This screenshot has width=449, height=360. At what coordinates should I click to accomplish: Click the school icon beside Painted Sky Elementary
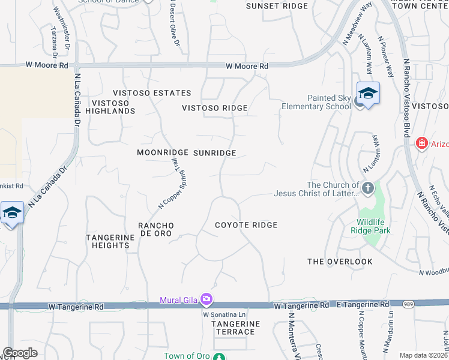coord(368,94)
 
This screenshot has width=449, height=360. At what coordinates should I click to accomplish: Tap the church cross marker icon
coord(367,188)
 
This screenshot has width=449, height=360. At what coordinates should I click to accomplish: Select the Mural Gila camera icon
coord(206,299)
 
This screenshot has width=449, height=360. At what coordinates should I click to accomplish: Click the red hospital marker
coord(422,143)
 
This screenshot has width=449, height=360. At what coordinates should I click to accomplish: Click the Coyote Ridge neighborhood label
coord(246,225)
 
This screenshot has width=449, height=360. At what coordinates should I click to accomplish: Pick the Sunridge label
coord(215,153)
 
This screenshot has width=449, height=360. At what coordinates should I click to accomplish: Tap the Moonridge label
coord(158,153)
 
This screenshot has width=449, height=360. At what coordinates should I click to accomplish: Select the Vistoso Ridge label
coord(215,108)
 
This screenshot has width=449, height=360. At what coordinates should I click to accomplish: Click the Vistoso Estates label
coord(152,93)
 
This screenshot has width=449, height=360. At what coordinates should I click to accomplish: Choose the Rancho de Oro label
coord(155,229)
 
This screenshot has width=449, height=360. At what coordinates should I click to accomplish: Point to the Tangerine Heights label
coord(110,241)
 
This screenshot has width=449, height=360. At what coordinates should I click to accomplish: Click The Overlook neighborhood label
coord(340,262)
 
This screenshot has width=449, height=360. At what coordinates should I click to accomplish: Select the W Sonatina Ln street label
coord(224,314)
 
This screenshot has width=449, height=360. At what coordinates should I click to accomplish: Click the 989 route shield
coord(407,305)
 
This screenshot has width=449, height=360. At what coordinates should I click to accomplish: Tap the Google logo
coord(20,353)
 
